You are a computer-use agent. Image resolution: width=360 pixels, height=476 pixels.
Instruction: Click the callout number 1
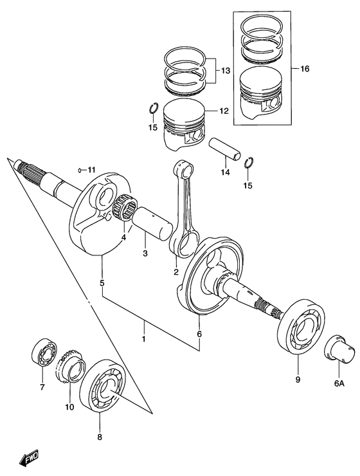145,338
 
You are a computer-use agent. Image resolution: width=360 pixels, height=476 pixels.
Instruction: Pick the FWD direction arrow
30,458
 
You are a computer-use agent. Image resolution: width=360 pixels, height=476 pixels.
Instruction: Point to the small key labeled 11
80,170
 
